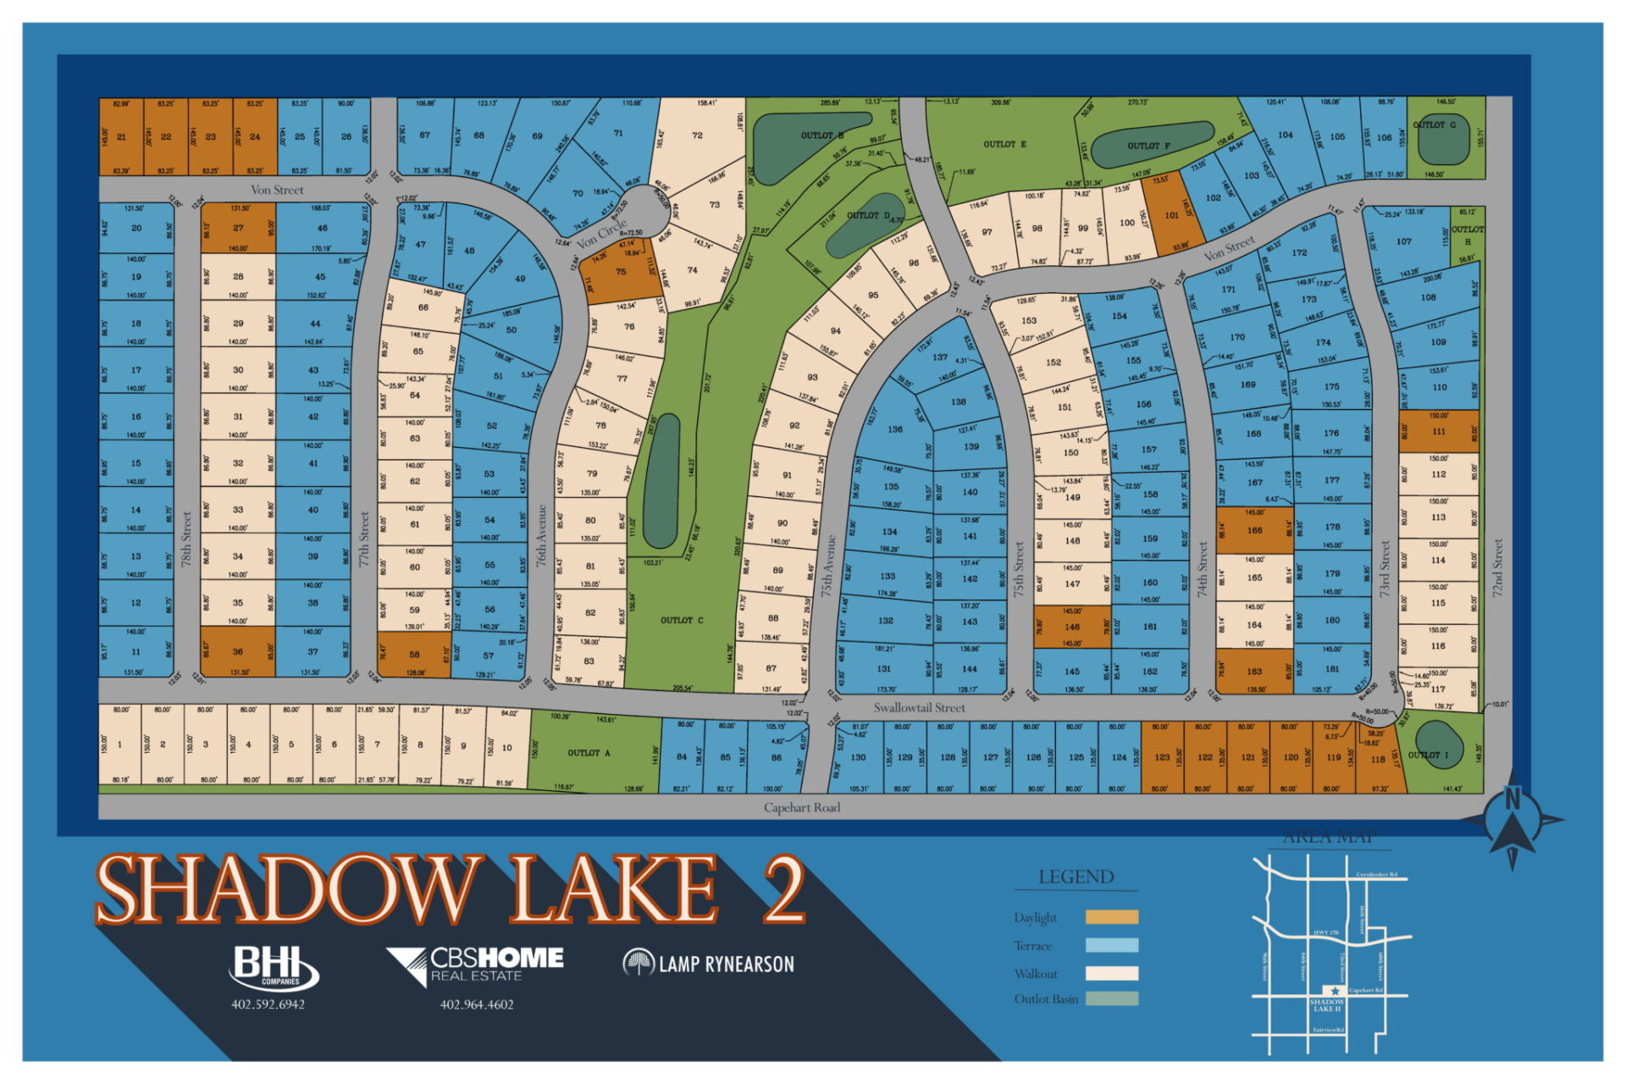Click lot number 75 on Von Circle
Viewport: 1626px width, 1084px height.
coord(621,272)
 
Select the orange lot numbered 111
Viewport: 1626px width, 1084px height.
coord(1438,431)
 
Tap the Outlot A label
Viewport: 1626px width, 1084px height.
coord(583,753)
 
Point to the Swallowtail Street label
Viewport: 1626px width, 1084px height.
coord(919,707)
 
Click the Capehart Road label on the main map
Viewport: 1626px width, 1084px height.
coord(801,807)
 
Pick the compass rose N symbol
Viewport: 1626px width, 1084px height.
coord(1513,799)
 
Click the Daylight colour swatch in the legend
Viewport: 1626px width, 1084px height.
coord(1111,917)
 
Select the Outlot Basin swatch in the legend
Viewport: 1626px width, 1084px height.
coord(1111,998)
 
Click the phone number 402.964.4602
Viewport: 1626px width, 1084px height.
coord(477,1004)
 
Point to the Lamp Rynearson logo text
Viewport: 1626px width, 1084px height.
coord(726,964)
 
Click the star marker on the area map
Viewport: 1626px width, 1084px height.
coord(1335,990)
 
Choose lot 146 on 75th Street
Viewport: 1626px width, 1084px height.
coord(1072,628)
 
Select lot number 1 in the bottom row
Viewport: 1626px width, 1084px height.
coord(120,745)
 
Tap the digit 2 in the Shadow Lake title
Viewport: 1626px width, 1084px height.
coord(783,889)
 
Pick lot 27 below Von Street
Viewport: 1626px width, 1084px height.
coord(238,228)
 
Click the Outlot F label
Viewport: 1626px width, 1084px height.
coord(1148,146)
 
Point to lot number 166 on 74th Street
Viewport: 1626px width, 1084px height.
coord(1254,531)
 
